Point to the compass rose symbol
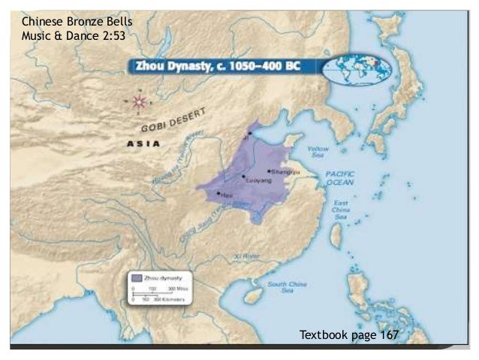138,101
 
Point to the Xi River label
246,256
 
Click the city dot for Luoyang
243,177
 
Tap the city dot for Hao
218,193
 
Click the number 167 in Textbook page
389,334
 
